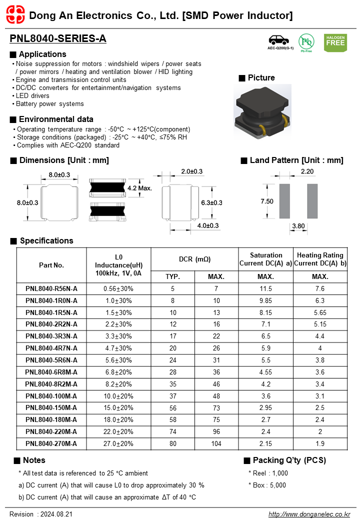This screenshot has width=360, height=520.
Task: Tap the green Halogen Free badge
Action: (335, 43)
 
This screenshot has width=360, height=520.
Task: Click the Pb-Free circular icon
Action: (306, 42)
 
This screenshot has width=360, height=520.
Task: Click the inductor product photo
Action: (262, 111)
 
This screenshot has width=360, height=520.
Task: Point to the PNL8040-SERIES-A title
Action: (58, 39)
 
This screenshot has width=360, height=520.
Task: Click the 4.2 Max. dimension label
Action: (139, 188)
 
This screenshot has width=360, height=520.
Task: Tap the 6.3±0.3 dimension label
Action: (211, 202)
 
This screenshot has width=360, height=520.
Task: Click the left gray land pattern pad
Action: (284, 200)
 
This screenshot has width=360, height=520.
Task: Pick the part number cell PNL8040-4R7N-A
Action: (51, 348)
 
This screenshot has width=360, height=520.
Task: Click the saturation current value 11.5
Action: (266, 288)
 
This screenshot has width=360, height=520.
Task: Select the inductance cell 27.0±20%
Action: (118, 444)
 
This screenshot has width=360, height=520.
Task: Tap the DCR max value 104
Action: (216, 444)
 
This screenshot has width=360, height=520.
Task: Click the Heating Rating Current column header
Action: (320, 259)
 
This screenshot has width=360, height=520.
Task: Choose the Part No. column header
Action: (51, 265)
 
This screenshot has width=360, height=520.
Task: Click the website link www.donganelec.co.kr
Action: (309, 514)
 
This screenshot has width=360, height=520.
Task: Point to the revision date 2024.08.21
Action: (55, 514)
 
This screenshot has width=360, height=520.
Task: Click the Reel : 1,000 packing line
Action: (268, 473)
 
